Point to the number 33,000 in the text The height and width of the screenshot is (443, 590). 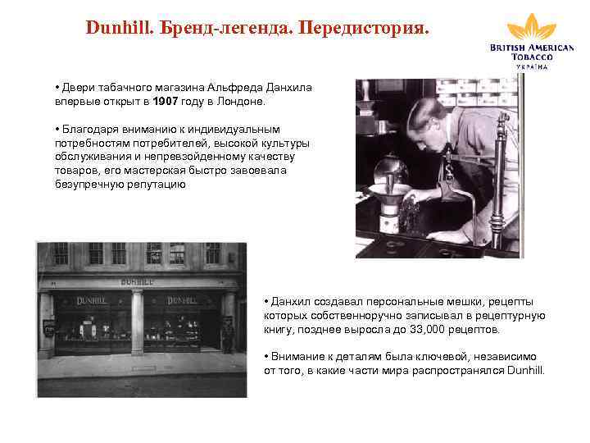(x=427, y=329)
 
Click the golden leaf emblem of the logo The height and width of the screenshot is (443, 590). (x=531, y=27)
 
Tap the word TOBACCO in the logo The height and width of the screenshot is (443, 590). (x=531, y=57)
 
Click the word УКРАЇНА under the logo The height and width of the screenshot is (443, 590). (x=532, y=66)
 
